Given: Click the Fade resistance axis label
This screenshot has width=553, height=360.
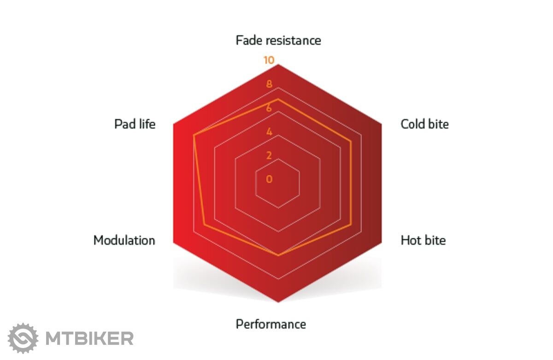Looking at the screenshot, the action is click(x=278, y=41).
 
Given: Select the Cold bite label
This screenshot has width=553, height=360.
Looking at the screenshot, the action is click(x=424, y=124).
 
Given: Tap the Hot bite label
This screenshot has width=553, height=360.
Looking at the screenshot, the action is click(x=423, y=240).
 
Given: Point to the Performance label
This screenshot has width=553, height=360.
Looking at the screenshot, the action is click(x=271, y=324).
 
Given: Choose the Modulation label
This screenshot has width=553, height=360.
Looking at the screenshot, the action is click(x=124, y=240).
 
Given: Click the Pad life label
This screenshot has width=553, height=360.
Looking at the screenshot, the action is click(x=135, y=124).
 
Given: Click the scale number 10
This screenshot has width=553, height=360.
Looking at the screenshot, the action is click(x=269, y=60).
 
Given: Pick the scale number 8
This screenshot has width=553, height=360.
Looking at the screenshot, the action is click(x=269, y=84).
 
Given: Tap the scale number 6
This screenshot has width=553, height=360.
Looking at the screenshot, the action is click(x=269, y=108).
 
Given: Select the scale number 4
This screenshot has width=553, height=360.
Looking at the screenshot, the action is click(x=269, y=132).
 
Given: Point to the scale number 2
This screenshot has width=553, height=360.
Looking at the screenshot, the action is click(x=269, y=155).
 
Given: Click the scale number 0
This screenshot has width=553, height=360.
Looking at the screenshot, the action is click(x=269, y=179).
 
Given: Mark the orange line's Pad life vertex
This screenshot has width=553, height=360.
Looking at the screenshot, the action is click(x=194, y=135).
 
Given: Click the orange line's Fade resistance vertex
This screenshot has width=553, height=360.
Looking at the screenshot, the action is click(x=278, y=99).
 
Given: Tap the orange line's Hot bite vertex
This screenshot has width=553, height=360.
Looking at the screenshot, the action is click(x=351, y=224).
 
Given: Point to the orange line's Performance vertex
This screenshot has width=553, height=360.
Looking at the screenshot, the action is click(x=278, y=255).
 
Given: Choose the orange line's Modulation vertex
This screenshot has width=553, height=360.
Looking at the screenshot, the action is click(x=205, y=224).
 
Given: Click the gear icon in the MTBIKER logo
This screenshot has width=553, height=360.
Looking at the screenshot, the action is click(x=23, y=338).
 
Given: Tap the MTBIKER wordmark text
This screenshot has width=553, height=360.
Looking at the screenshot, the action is click(x=89, y=338).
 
